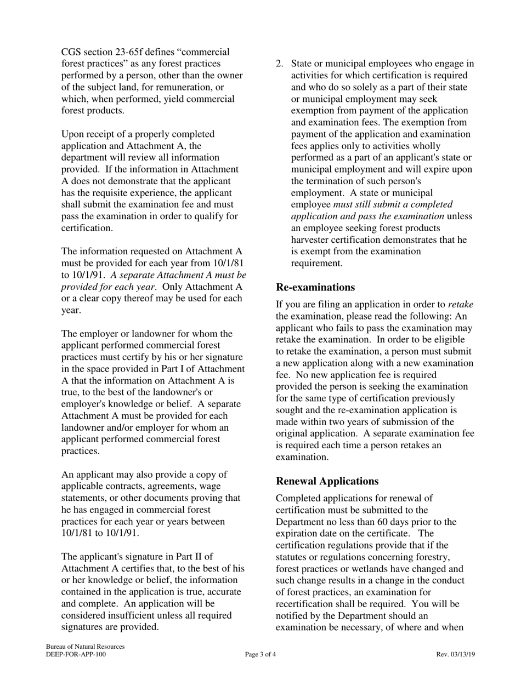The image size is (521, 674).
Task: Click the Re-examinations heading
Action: [315, 287]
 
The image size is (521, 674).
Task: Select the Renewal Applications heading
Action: [327, 481]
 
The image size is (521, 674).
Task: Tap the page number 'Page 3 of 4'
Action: [260, 654]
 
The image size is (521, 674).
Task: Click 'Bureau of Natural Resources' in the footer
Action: [85, 647]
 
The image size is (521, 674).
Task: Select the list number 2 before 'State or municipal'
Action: [279, 64]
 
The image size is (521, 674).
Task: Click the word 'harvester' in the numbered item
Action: [311, 239]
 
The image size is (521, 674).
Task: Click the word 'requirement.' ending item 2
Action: [316, 263]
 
